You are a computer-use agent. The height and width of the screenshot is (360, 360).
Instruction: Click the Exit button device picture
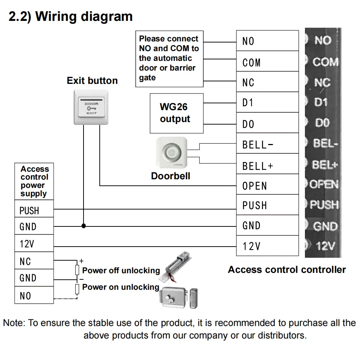point(91,107)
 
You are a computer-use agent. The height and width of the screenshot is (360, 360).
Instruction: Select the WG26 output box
point(176,113)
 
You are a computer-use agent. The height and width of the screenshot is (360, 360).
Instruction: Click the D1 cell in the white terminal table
point(267,103)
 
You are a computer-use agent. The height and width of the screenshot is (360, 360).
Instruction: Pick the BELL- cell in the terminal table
point(267,144)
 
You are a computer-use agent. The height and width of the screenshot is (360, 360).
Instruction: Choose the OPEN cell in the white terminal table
point(267,185)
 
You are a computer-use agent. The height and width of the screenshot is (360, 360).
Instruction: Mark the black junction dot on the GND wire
point(84,226)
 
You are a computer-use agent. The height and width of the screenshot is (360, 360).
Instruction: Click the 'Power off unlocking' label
point(121,271)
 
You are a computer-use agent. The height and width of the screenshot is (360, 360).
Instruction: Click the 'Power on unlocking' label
point(121,287)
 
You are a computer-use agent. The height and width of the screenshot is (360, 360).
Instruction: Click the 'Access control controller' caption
point(287,270)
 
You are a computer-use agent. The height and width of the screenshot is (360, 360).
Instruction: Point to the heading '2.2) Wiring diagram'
point(71,17)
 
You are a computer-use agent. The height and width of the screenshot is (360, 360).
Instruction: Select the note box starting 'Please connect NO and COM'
point(170,59)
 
